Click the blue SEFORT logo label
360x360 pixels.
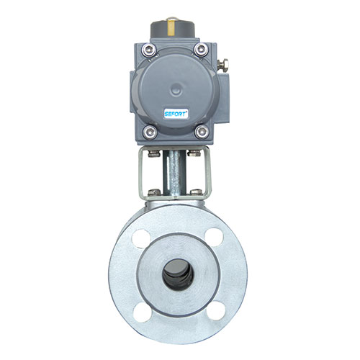pyautogui.click(x=176, y=114)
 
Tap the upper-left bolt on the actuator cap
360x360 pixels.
pyautogui.click(x=149, y=50)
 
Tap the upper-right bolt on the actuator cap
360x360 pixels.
pyautogui.click(x=201, y=50)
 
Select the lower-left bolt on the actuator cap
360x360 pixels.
pyautogui.click(x=150, y=132)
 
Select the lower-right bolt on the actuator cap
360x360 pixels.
pyautogui.click(x=202, y=132)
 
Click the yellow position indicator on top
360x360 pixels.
pyautogui.click(x=171, y=27)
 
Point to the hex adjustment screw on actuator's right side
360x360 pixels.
pyautogui.click(x=222, y=64)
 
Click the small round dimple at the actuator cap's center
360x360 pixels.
pyautogui.click(x=176, y=90)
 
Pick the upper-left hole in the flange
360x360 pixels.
pyautogui.click(x=141, y=238)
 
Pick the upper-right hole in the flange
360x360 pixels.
pyautogui.click(x=214, y=237)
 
